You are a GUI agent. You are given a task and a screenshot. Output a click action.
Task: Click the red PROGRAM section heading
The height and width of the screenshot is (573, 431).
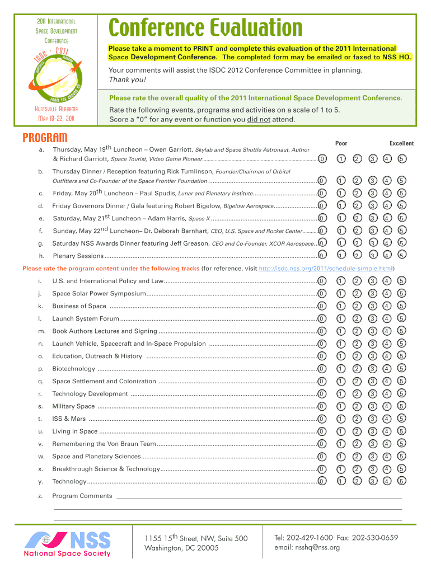45,138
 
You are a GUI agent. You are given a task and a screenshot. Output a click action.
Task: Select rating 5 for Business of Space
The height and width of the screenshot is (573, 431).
402,306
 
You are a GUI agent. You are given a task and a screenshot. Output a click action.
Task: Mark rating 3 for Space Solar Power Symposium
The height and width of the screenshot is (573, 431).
372,293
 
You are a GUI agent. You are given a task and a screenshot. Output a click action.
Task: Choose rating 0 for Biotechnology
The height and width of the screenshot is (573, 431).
321,369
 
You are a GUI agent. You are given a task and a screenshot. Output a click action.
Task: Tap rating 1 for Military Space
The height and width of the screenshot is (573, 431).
340,406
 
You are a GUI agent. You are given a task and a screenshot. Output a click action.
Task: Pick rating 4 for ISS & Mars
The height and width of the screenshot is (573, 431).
387,419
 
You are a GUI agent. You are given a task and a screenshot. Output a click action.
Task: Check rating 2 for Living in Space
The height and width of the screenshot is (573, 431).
356,431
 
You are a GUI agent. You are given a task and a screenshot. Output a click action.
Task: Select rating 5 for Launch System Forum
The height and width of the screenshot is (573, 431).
402,318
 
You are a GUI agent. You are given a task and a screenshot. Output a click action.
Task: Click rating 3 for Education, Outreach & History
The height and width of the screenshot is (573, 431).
372,356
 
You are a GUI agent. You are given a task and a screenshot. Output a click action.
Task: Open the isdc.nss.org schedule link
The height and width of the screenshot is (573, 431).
327,269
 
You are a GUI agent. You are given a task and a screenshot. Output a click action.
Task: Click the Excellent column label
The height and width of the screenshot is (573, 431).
401,143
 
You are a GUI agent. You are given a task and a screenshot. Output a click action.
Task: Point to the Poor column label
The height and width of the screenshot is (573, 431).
341,143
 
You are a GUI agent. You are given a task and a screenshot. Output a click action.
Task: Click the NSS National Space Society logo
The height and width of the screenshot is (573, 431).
67,543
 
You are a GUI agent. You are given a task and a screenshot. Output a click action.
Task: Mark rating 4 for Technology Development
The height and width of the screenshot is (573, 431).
387,394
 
